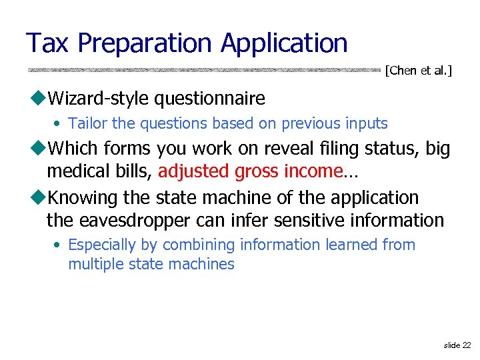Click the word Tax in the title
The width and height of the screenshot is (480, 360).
pyautogui.click(x=49, y=43)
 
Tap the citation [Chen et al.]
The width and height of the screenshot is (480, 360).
pyautogui.click(x=419, y=70)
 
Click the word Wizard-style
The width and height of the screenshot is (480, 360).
pyautogui.click(x=99, y=99)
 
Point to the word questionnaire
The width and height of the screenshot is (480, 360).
pyautogui.click(x=209, y=99)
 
